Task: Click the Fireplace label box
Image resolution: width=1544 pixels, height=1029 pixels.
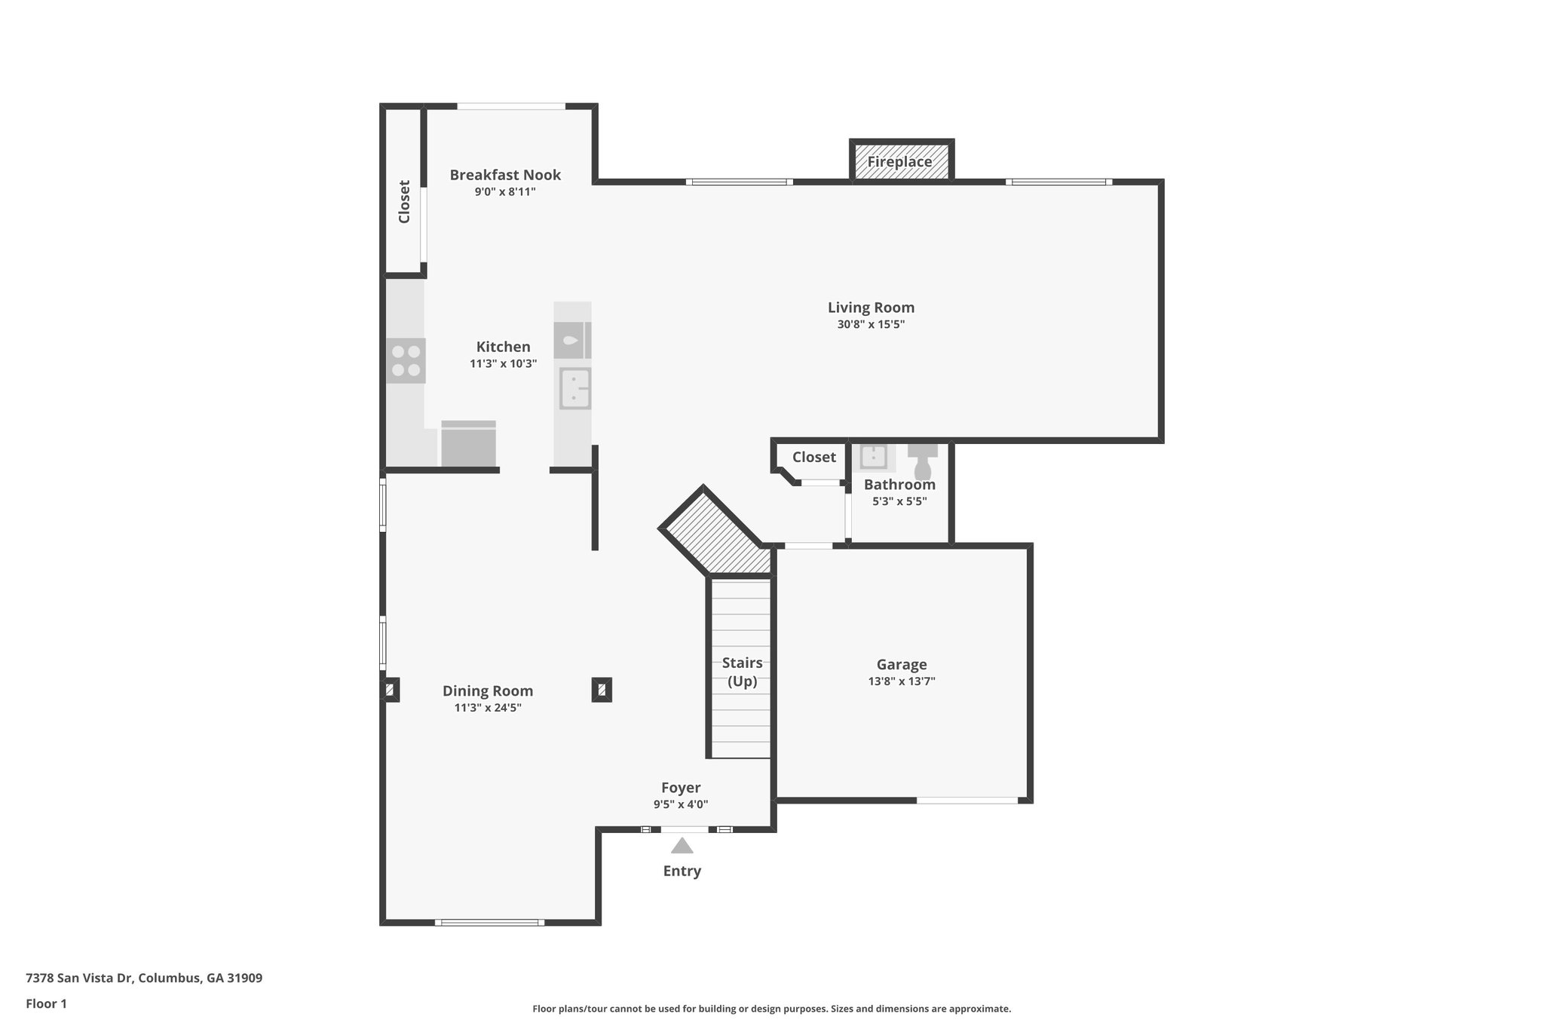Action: [900, 161]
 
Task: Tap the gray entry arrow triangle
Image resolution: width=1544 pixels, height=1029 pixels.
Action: [682, 846]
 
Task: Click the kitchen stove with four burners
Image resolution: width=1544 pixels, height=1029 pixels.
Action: [406, 360]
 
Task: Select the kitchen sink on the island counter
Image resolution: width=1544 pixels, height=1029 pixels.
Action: [575, 389]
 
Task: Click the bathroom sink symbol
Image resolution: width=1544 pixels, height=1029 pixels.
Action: [873, 457]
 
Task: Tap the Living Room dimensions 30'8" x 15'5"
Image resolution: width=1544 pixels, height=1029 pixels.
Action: [871, 325]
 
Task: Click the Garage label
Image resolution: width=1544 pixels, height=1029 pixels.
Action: [902, 664]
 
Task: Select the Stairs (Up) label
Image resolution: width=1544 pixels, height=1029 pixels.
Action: [742, 672]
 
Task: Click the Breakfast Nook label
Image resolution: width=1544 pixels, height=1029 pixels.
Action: [505, 175]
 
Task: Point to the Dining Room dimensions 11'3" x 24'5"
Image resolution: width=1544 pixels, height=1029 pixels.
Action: [488, 708]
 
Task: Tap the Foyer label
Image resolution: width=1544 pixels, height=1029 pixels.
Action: [681, 788]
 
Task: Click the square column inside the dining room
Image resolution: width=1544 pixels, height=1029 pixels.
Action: [601, 689]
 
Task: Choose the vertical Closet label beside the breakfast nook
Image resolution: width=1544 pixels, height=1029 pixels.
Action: [404, 201]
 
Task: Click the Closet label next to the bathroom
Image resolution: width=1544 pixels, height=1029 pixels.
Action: [813, 457]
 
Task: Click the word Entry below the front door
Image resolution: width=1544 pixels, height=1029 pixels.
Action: [682, 871]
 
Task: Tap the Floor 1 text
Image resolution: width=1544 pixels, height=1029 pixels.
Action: [47, 1003]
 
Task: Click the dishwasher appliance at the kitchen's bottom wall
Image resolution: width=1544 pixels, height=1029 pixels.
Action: [468, 445]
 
